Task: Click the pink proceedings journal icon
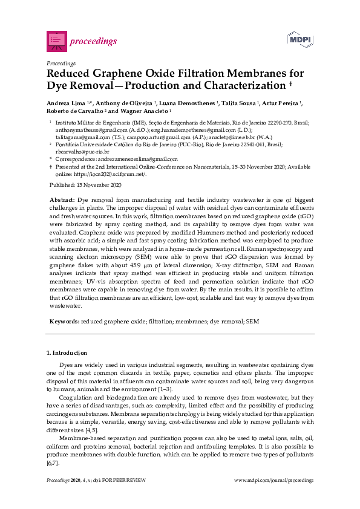click(56, 41)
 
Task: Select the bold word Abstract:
click(61, 199)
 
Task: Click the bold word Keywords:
click(64, 322)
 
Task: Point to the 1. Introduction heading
click(67, 353)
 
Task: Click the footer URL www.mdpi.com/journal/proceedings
click(273, 479)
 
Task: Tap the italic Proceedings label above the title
click(61, 63)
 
